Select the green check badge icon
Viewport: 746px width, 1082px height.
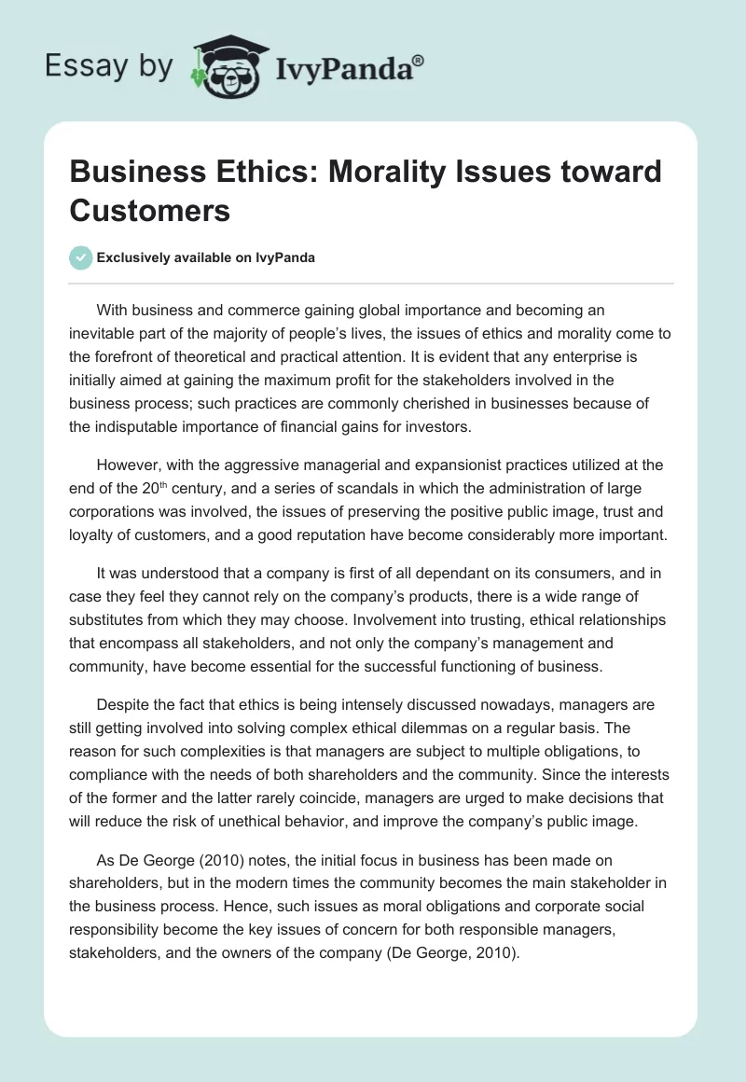(81, 257)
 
